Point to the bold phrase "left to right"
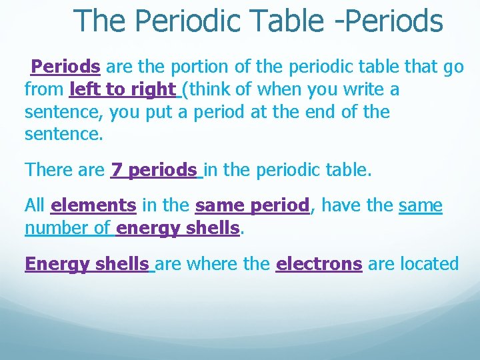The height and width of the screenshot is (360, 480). tap(123, 89)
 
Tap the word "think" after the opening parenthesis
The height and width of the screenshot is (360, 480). tap(214, 89)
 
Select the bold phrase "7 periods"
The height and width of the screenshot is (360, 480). tap(155, 170)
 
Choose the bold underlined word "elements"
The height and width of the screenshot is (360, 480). tap(93, 206)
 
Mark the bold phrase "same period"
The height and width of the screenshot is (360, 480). tap(253, 206)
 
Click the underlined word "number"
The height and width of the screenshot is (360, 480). tap(57, 229)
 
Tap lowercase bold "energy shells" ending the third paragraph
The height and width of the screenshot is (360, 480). tap(177, 229)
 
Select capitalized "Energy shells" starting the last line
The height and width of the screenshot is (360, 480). tap(87, 264)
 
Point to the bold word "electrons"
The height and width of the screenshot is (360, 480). tap(319, 264)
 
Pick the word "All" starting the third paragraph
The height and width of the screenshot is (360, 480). tap(35, 206)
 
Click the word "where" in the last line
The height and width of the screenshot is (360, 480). tap(214, 264)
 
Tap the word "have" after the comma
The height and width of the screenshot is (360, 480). tap(342, 206)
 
